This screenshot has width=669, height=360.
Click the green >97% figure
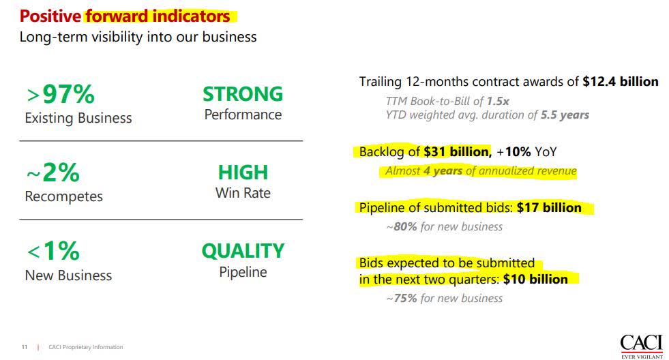click(x=59, y=94)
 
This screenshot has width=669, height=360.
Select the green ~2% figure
click(x=53, y=172)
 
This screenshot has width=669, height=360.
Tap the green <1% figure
click(x=53, y=252)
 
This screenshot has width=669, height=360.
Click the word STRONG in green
click(x=243, y=94)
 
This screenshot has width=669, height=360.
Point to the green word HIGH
click(x=243, y=172)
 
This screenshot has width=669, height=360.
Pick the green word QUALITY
click(x=243, y=251)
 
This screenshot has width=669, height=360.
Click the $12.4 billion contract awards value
click(x=621, y=82)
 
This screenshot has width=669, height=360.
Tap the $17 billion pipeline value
click(x=549, y=207)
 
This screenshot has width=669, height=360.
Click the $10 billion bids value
click(x=535, y=279)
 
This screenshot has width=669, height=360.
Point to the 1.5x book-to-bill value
click(x=498, y=101)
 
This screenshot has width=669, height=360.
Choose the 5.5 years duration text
click(x=565, y=115)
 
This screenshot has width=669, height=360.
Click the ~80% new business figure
click(x=402, y=226)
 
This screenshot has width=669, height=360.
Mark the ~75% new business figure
click(x=402, y=298)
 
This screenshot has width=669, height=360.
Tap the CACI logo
click(x=641, y=344)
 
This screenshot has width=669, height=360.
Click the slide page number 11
click(x=24, y=347)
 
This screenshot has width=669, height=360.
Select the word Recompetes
click(x=63, y=196)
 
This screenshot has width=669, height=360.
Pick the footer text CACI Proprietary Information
click(x=86, y=347)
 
